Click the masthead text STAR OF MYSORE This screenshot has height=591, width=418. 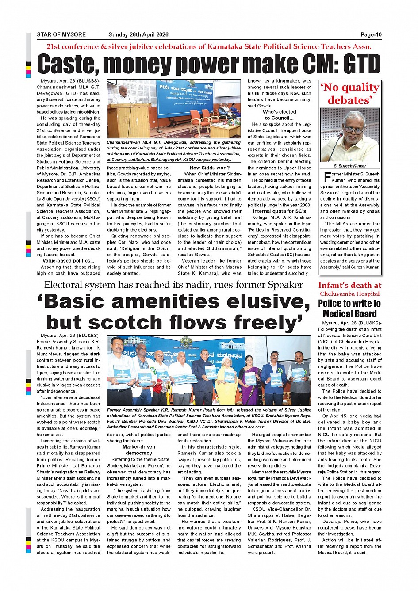[61, 34]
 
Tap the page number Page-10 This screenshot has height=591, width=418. [371, 34]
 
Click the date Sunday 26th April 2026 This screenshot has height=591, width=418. [138, 34]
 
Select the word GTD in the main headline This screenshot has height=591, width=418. [362, 65]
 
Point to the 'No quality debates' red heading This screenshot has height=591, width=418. [349, 94]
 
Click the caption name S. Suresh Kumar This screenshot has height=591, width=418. [349, 166]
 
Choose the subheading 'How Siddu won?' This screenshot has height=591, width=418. [209, 168]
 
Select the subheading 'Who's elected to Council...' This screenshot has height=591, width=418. [279, 115]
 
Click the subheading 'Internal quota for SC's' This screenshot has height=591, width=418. [279, 211]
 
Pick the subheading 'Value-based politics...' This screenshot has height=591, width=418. [68, 261]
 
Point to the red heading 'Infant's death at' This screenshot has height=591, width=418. [349, 286]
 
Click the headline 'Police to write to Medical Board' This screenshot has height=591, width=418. [349, 309]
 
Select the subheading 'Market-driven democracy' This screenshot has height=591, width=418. [138, 450]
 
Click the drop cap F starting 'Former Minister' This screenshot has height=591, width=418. [327, 177]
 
